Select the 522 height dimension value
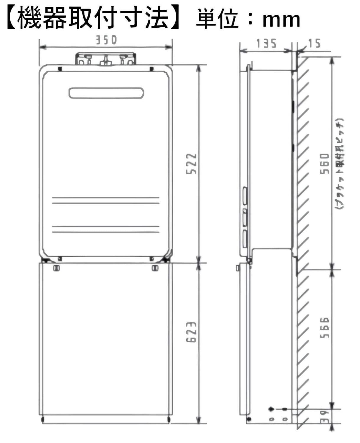(191, 163)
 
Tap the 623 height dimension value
(191, 332)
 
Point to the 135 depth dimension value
(266, 44)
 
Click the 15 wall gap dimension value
(314, 44)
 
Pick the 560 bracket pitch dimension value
(325, 163)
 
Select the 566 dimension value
(325, 328)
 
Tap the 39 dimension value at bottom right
(325, 417)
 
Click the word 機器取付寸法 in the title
(93, 18)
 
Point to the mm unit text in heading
(281, 19)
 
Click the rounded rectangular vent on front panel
(106, 93)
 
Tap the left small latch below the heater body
(56, 268)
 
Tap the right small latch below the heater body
(155, 268)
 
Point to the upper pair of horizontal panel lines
(106, 200)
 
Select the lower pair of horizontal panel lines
(106, 229)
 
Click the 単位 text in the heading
(217, 19)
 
